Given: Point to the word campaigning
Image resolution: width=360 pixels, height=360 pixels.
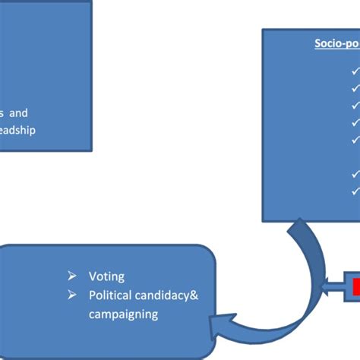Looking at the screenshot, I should (x=125, y=312).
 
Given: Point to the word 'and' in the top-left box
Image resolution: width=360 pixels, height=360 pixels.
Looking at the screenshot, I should (x=18, y=112).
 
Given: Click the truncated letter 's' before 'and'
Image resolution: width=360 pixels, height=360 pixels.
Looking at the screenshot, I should (x=2, y=112).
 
